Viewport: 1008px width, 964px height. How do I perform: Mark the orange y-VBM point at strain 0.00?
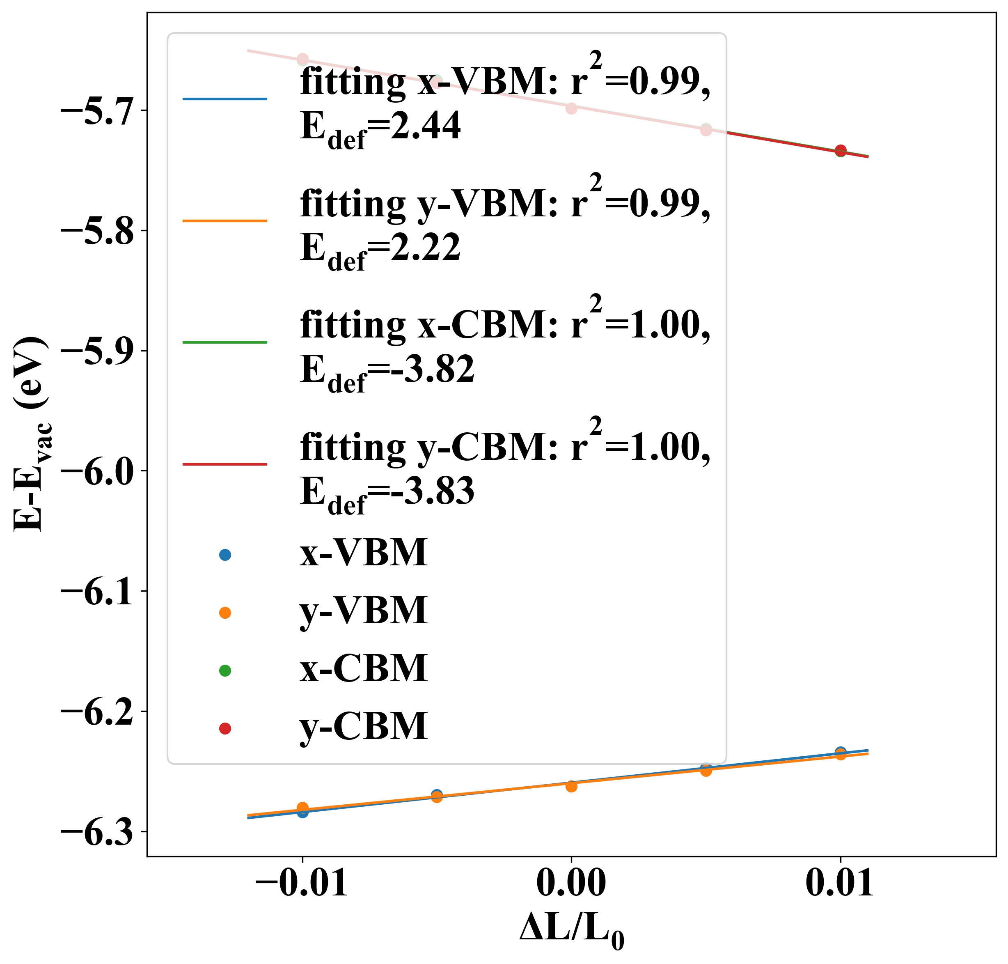click(571, 786)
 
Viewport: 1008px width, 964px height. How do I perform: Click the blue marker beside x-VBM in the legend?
click(225, 554)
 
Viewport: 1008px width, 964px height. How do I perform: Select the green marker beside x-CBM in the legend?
click(225, 670)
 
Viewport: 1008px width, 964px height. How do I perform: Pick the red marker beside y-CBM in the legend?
click(225, 729)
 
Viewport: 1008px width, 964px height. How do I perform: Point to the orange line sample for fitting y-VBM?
click(225, 221)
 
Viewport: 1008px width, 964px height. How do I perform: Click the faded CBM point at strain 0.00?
click(571, 108)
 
